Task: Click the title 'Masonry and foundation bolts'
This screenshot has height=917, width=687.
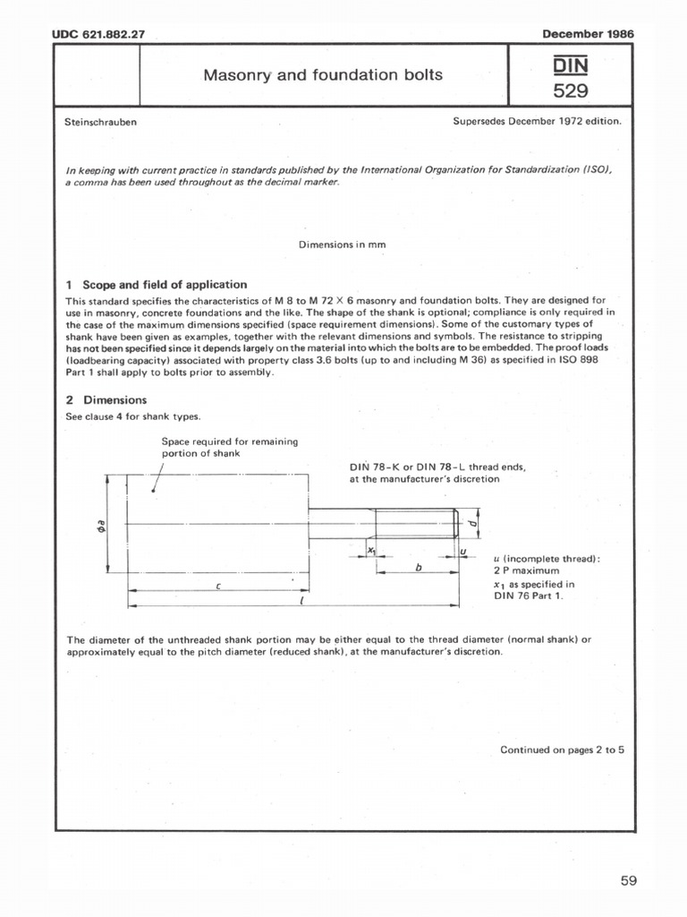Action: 323,75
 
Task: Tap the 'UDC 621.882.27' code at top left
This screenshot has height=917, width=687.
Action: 98,34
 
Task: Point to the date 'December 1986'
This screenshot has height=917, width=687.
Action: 588,34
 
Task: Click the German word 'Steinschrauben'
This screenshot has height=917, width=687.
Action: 101,122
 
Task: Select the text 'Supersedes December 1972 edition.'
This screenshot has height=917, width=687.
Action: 537,122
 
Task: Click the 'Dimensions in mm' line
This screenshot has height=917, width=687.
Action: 343,244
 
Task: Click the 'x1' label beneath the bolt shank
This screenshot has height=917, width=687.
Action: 370,553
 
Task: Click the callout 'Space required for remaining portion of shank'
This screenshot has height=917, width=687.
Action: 229,447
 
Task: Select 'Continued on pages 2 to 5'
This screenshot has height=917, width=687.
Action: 562,750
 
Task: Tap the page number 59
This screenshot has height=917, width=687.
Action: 628,880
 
